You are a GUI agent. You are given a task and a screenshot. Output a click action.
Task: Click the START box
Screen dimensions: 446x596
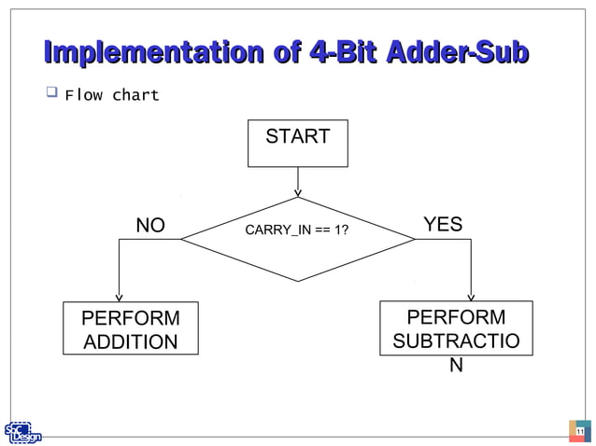click(297, 143)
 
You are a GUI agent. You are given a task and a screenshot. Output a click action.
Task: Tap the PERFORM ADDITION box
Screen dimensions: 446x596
click(131, 329)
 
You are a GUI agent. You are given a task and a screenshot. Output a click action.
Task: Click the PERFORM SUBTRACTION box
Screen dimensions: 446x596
click(455, 329)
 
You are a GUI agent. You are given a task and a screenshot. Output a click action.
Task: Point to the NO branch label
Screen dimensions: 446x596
click(150, 226)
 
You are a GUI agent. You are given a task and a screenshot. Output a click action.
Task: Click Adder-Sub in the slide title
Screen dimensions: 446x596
click(461, 53)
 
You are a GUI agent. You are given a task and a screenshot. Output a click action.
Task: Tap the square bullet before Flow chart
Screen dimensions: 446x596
click(50, 93)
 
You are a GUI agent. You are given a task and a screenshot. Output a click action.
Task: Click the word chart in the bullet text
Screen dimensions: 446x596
click(136, 95)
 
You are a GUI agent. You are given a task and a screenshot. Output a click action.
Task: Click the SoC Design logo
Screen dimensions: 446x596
click(22, 432)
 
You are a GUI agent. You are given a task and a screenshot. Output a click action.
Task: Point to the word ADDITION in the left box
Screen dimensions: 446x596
click(131, 342)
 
